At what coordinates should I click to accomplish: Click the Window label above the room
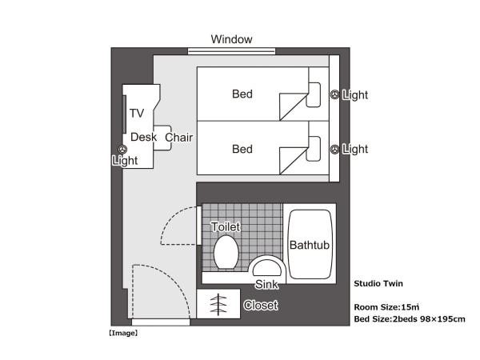[231, 39]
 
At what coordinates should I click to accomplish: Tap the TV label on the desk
[137, 113]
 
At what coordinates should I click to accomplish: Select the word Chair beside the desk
[179, 137]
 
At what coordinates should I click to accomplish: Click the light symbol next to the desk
[122, 149]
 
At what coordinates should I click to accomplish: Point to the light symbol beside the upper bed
[335, 94]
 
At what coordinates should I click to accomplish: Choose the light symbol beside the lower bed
[335, 149]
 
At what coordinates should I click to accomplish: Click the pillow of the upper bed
[315, 94]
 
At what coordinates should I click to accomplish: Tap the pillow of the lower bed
[315, 149]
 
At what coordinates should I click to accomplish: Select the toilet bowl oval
[226, 252]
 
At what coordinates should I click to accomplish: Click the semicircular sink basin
[266, 267]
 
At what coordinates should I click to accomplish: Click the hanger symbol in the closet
[217, 305]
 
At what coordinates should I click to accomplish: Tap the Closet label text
[261, 306]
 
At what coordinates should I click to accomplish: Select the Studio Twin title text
[378, 282]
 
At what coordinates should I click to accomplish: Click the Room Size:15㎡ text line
[387, 306]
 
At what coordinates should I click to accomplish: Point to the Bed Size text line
[409, 319]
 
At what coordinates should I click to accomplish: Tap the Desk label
[143, 137]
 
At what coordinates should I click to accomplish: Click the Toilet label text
[226, 227]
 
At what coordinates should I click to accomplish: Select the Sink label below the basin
[266, 285]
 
